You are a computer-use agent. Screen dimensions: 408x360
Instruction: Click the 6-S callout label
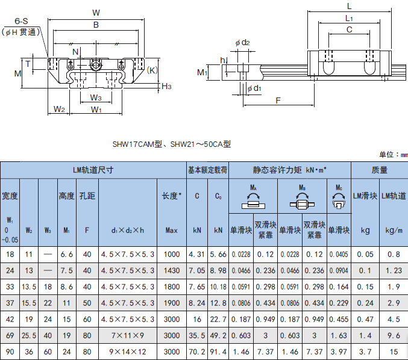coord(21,21)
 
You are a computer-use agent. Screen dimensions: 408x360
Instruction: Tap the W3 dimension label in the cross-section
coord(96,98)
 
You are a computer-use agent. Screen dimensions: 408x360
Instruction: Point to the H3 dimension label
coord(166,86)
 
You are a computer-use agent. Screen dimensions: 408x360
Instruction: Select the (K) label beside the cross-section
coord(152,70)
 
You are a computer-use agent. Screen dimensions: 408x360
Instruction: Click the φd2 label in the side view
coord(242,42)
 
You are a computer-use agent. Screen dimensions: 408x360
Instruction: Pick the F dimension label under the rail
coord(278,101)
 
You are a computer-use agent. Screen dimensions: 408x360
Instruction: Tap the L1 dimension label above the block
coord(349,19)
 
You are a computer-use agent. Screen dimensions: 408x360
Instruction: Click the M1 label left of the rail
coord(202,72)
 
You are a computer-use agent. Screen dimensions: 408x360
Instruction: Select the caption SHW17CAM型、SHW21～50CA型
coord(172,144)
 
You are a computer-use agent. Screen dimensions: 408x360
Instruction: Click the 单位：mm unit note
coord(394,155)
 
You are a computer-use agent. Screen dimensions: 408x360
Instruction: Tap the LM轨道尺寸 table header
coord(93,170)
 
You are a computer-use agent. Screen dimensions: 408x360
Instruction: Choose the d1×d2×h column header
coord(128,231)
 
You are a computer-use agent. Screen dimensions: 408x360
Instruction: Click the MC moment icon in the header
coord(339,200)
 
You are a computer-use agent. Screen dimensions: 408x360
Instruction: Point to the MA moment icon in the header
coord(253,200)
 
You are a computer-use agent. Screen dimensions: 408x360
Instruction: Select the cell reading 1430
coord(172,270)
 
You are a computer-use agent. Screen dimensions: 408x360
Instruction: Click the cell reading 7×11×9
coord(128,335)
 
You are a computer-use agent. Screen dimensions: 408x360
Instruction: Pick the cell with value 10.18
coord(218,287)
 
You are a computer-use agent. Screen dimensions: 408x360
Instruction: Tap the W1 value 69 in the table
coord(10,335)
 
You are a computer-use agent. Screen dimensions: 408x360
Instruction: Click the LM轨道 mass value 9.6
coord(394,335)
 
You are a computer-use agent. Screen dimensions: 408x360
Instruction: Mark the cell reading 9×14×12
coord(128,352)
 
